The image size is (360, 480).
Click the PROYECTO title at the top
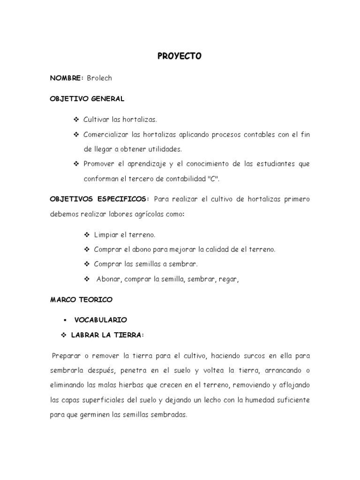(x=179, y=56)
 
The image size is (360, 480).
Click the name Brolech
(x=99, y=78)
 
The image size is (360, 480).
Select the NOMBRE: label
(x=67, y=78)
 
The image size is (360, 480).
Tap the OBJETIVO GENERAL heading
(x=87, y=99)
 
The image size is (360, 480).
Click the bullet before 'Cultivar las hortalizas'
(x=77, y=120)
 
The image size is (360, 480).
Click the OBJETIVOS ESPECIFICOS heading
(x=99, y=199)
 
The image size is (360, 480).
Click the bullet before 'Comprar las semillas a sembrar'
(x=87, y=264)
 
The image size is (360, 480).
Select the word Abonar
(x=109, y=279)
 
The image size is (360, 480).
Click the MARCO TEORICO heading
(x=81, y=299)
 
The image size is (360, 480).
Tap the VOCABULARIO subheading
(x=100, y=320)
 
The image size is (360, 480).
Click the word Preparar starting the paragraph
(x=67, y=356)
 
